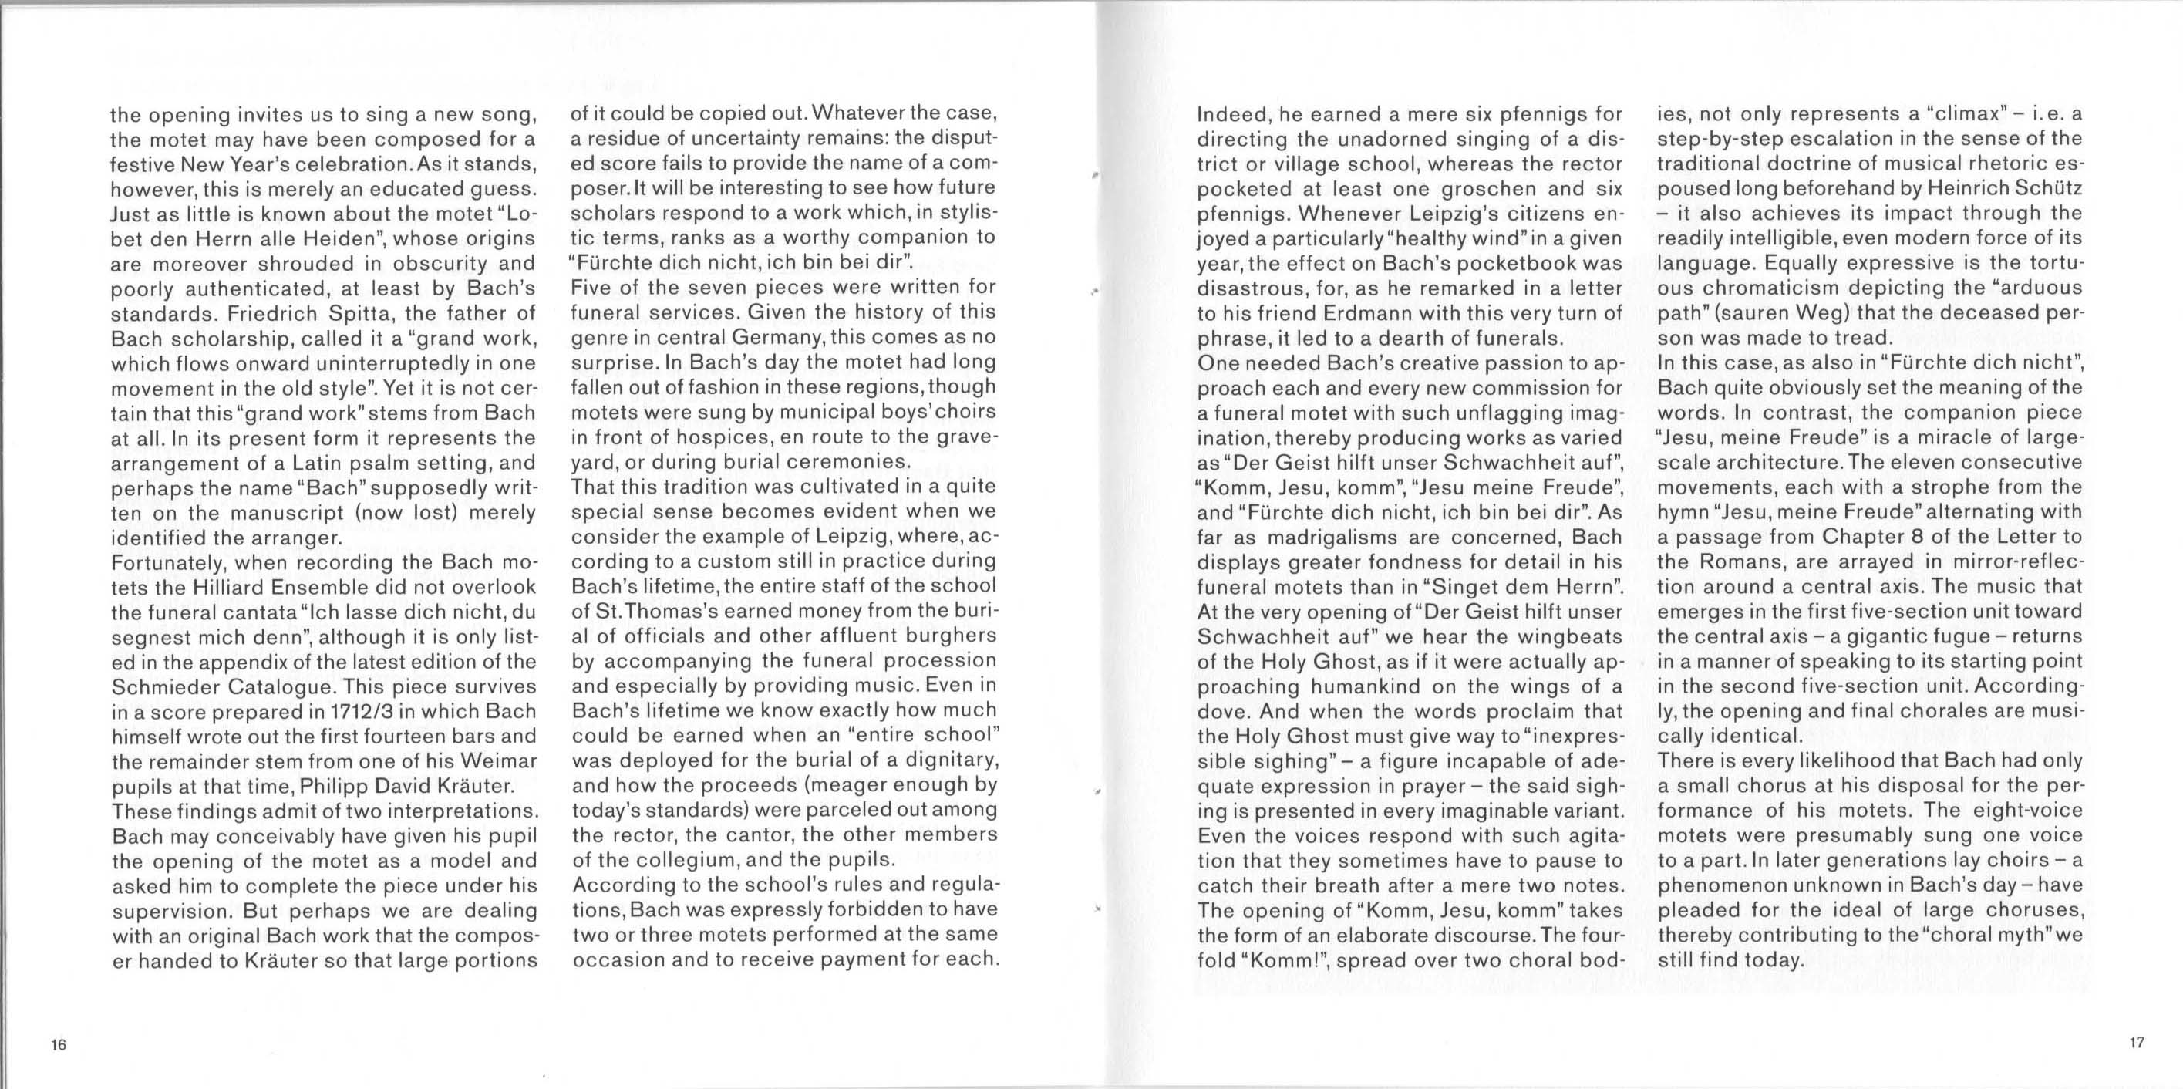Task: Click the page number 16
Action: [x=58, y=1044]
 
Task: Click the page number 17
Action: [x=2137, y=1043]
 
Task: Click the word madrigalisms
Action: [x=1328, y=538]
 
